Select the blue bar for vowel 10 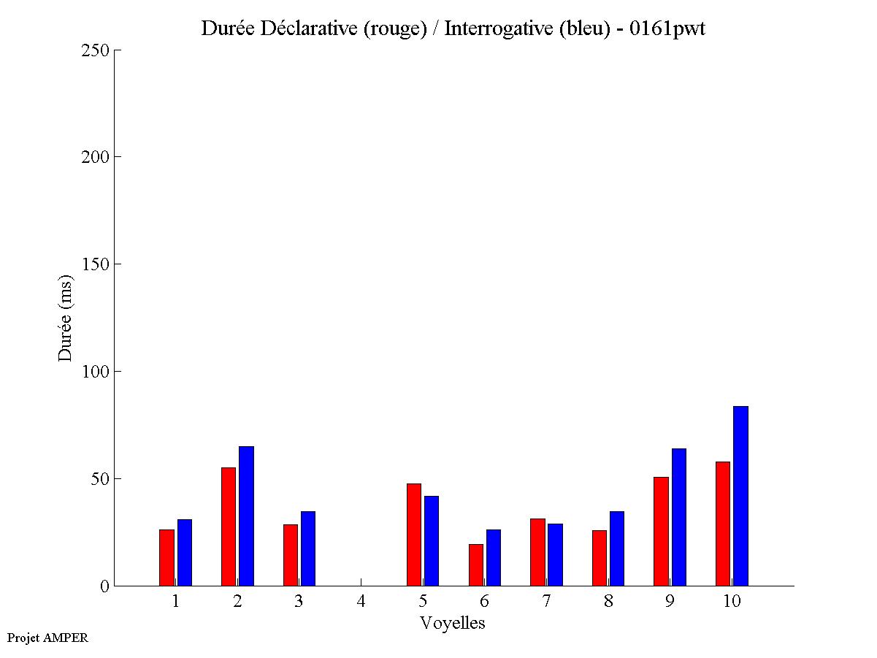pyautogui.click(x=740, y=496)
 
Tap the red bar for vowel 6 pyautogui.click(x=475, y=565)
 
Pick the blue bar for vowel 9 pyautogui.click(x=678, y=517)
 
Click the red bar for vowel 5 pyautogui.click(x=413, y=535)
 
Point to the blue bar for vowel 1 pyautogui.click(x=184, y=552)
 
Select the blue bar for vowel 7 pyautogui.click(x=555, y=554)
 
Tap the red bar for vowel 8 pyautogui.click(x=599, y=558)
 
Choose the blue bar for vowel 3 pyautogui.click(x=307, y=548)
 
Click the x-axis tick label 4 pyautogui.click(x=361, y=602)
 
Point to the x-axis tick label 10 pyautogui.click(x=732, y=602)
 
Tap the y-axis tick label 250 pyautogui.click(x=95, y=50)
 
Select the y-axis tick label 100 pyautogui.click(x=95, y=372)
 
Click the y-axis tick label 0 pyautogui.click(x=104, y=586)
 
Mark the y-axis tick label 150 pyautogui.click(x=95, y=264)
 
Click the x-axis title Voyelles pyautogui.click(x=453, y=623)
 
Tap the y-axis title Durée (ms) pyautogui.click(x=66, y=318)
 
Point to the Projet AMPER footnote pyautogui.click(x=47, y=638)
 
